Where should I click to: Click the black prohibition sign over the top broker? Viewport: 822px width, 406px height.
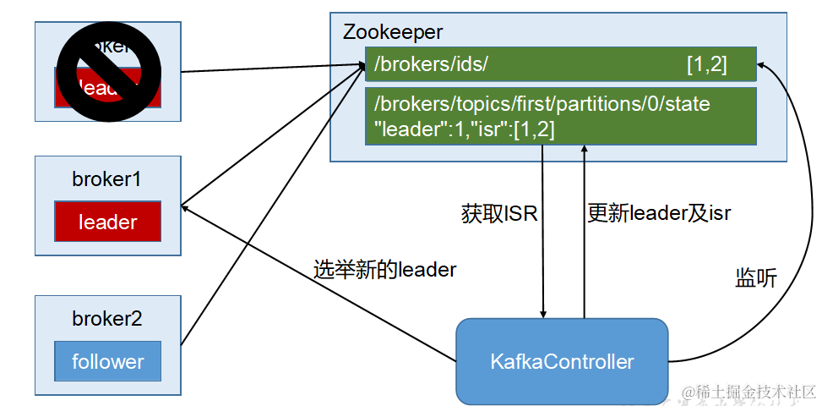tap(107, 72)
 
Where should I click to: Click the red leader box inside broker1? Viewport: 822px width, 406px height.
tap(107, 222)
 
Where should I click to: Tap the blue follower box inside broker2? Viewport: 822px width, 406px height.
tap(107, 362)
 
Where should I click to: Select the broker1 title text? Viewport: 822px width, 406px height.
tap(106, 179)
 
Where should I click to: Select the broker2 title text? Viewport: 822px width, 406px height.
tap(106, 319)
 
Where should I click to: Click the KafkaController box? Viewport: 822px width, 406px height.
tap(562, 362)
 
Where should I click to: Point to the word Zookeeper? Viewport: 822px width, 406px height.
tap(393, 32)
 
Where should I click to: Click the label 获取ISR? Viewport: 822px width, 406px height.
tap(498, 214)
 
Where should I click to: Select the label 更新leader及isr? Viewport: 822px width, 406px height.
tap(659, 214)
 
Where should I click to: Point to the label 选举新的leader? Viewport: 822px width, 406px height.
tap(384, 270)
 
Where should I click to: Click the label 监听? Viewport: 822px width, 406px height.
tap(756, 280)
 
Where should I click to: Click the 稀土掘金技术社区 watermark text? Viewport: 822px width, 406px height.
tap(750, 392)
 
